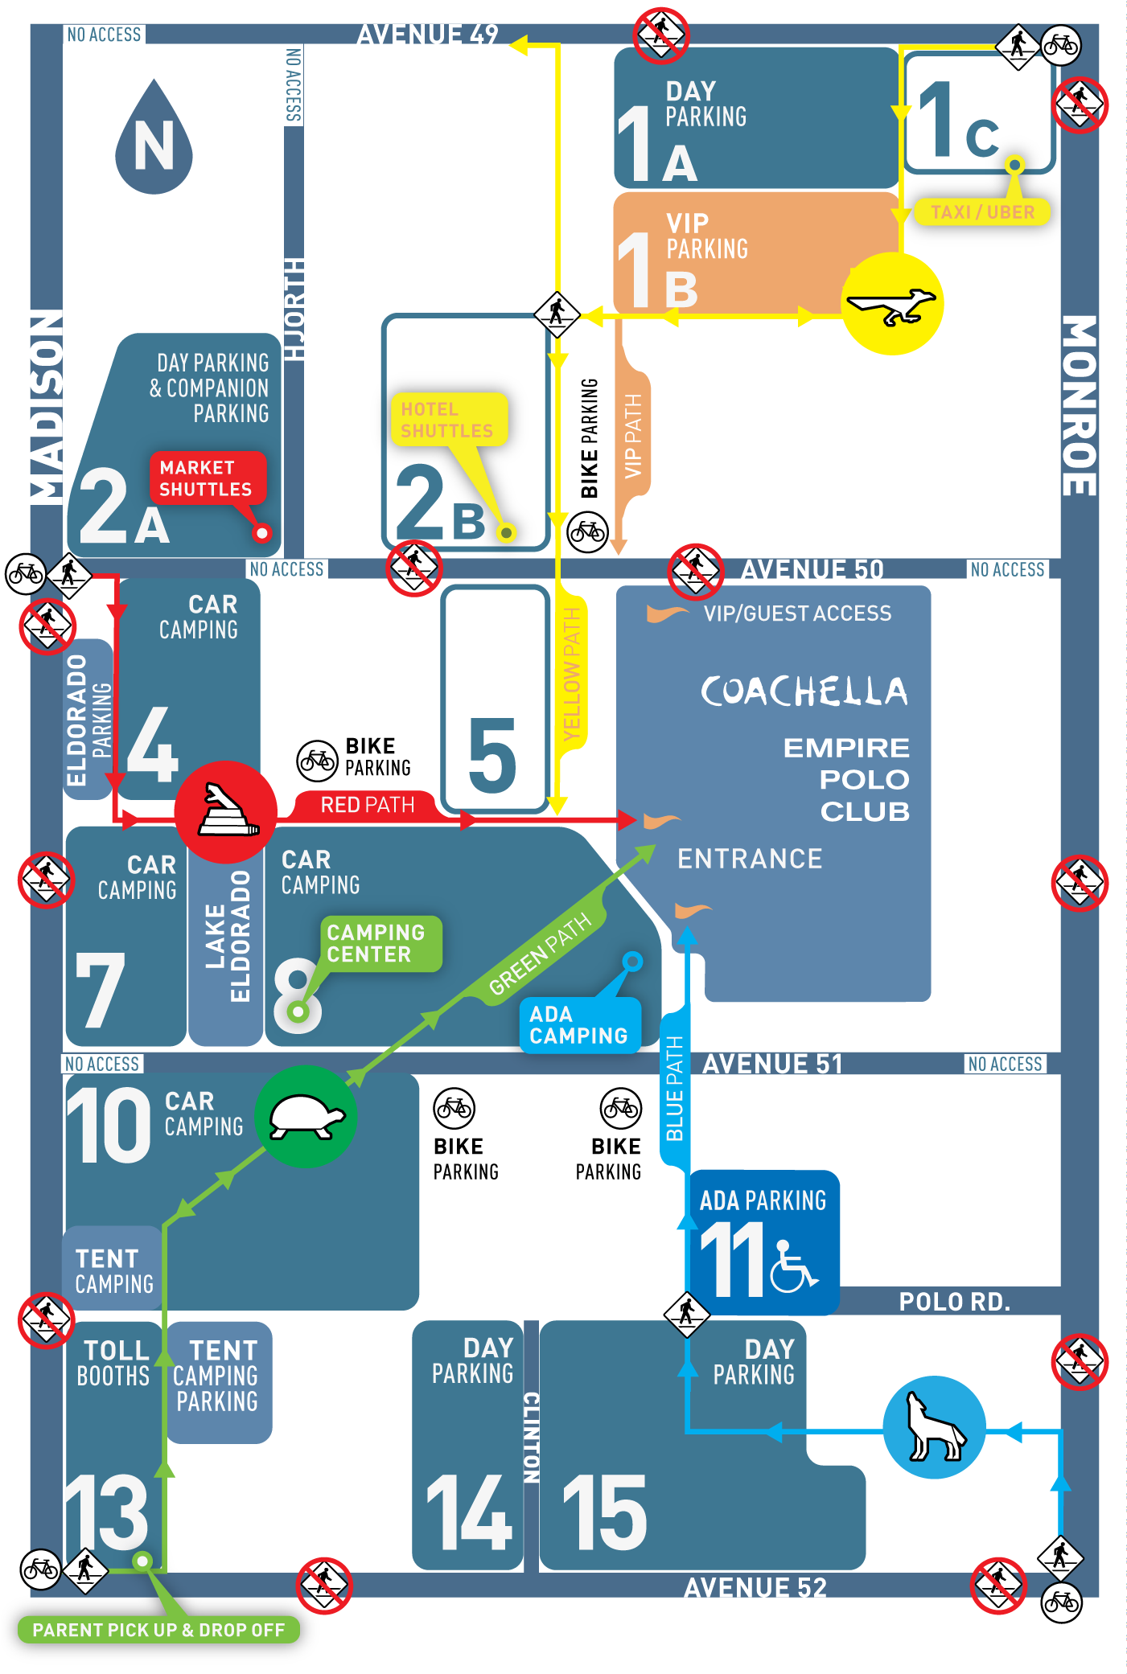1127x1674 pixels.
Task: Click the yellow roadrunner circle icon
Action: (892, 304)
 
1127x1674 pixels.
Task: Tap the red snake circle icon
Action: (226, 812)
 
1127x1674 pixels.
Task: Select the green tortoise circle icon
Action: (306, 1116)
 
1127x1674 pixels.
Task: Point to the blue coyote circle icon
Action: (934, 1427)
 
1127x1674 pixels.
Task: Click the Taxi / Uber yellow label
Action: (982, 212)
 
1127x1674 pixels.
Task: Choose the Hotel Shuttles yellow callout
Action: (448, 420)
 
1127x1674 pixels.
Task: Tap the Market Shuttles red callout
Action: (206, 478)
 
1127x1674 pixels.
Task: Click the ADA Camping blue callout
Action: (578, 1025)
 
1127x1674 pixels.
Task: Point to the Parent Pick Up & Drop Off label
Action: (158, 1630)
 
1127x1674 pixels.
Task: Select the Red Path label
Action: (367, 805)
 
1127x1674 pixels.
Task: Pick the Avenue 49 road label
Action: (427, 35)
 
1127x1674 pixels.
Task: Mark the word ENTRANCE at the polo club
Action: (750, 859)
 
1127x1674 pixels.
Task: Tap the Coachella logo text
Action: (804, 691)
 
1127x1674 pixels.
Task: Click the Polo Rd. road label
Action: (954, 1302)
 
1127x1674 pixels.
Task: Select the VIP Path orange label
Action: (633, 436)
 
